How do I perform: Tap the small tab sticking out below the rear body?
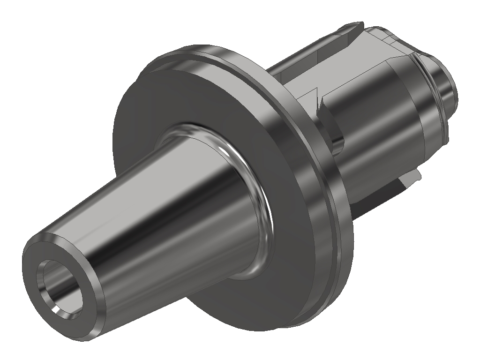tap(415, 176)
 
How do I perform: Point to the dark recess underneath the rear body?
tap(380, 197)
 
